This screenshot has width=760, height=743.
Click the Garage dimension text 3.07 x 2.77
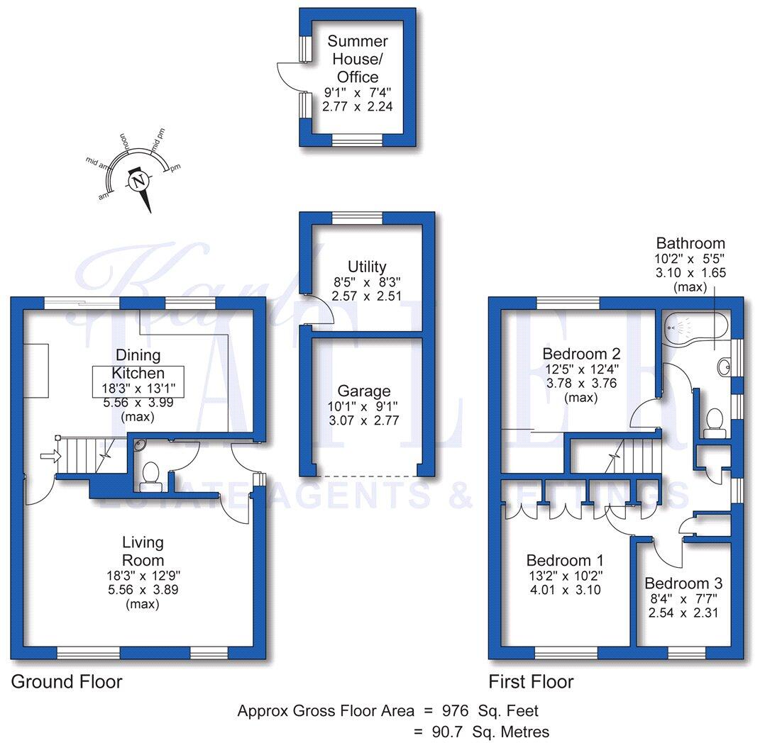(x=363, y=420)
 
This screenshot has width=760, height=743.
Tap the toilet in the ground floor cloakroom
(x=150, y=476)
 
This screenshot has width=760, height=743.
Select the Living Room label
(x=143, y=551)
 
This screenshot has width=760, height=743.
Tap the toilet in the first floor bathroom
(x=713, y=422)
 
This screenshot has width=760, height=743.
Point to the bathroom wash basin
(x=723, y=367)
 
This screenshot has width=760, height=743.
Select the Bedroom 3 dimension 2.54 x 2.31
(x=683, y=612)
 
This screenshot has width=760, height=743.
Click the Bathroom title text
(x=690, y=243)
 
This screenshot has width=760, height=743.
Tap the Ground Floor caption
(x=67, y=682)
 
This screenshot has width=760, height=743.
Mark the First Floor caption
(x=530, y=682)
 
